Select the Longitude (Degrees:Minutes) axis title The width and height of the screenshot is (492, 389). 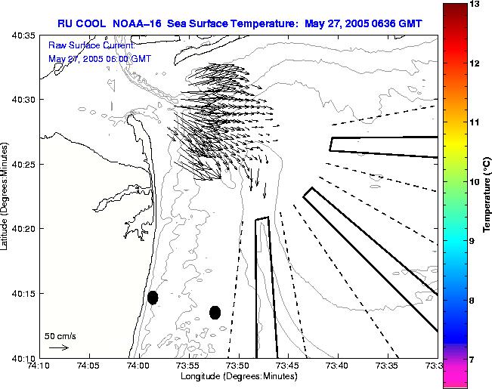(x=237, y=376)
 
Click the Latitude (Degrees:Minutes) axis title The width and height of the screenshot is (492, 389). (x=6, y=196)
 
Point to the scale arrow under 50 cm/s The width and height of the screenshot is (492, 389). (x=58, y=347)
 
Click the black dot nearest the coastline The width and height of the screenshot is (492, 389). (x=153, y=298)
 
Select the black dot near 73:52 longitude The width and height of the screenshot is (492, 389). (x=215, y=312)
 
